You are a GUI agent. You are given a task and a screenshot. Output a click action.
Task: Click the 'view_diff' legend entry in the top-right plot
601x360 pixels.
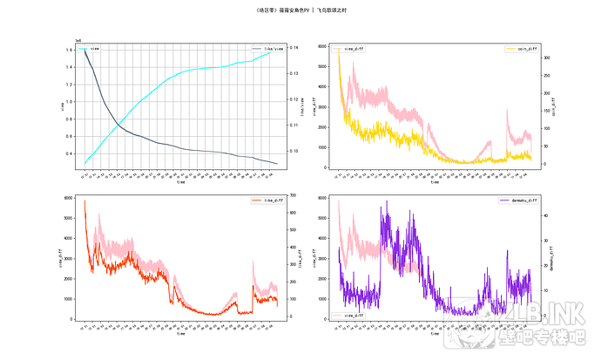click(354, 49)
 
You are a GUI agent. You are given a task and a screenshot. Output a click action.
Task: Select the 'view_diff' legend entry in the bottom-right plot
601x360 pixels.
click(353, 315)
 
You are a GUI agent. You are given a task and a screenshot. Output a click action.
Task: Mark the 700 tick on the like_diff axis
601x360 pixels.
click(294, 195)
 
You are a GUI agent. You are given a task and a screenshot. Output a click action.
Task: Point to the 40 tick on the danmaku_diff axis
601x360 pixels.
click(546, 213)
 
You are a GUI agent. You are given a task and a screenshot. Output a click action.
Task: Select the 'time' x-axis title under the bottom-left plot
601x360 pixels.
click(180, 333)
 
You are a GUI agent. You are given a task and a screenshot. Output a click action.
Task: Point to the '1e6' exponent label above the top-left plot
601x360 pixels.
click(78, 40)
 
